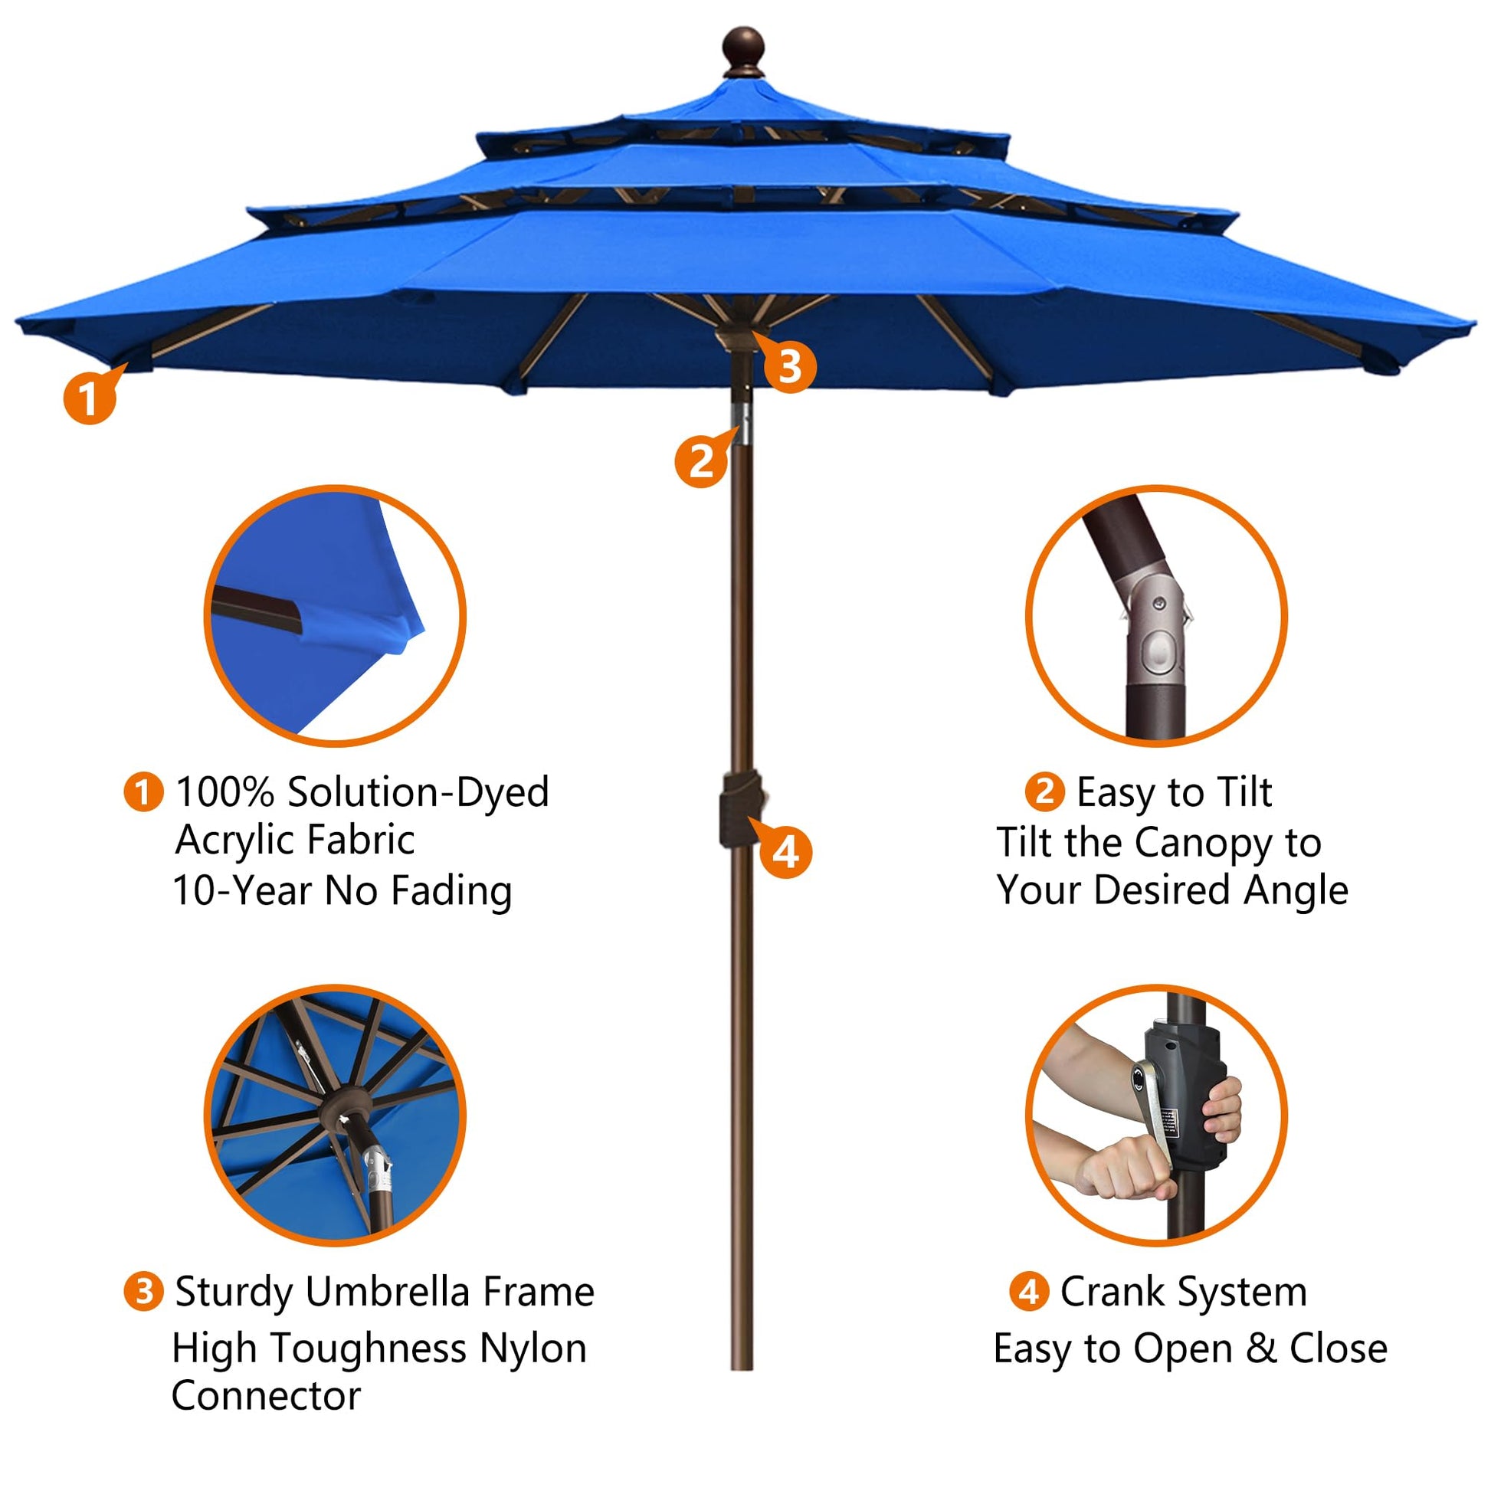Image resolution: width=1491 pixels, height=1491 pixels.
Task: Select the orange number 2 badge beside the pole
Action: tap(701, 461)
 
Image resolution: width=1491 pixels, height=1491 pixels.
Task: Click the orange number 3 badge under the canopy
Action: tap(790, 366)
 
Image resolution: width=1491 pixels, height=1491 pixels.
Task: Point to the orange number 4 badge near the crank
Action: tap(785, 853)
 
